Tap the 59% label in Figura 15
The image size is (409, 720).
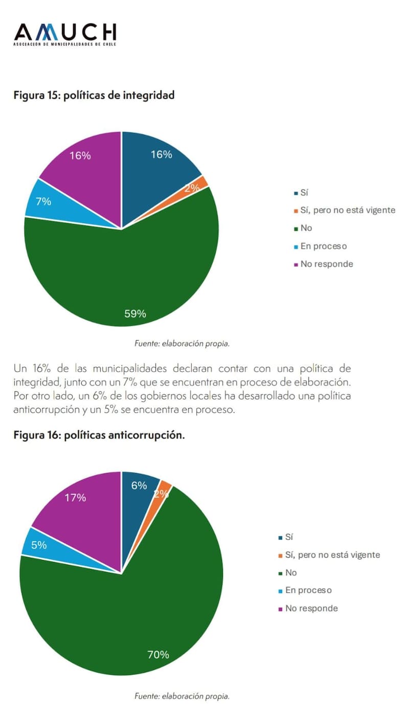coord(135,314)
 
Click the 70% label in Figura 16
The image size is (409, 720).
coord(158,654)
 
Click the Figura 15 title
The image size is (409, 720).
coord(94,95)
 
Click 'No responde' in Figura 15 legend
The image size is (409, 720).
coord(327,264)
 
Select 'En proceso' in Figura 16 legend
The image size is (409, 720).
coord(309,590)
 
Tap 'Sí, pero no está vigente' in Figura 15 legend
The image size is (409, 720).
coord(348,210)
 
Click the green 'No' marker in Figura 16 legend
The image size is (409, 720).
coord(281,573)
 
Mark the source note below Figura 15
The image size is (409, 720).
coord(182,344)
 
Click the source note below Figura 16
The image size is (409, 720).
coord(182,696)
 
